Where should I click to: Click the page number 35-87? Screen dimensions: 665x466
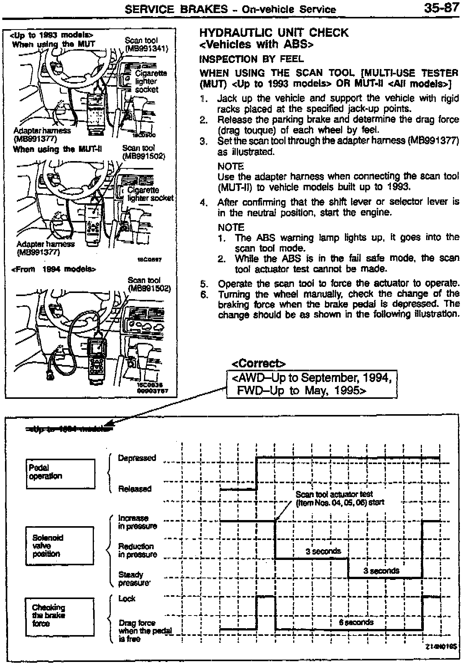[x=441, y=8]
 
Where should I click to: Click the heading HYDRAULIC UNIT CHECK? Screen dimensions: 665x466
[x=274, y=33]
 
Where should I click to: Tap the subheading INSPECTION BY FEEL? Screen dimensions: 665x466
[x=251, y=59]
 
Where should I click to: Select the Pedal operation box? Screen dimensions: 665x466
[x=61, y=474]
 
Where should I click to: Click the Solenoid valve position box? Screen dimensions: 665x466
[x=59, y=545]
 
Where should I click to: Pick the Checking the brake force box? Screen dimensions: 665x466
[x=59, y=616]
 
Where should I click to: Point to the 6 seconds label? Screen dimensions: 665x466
[x=356, y=622]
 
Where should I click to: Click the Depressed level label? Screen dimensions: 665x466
[x=137, y=458]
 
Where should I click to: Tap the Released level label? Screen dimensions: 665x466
[x=135, y=489]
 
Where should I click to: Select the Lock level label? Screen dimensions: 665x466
[x=127, y=599]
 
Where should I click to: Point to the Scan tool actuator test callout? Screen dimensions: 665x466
[x=340, y=498]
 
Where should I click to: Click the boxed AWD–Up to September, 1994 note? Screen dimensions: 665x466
[x=312, y=384]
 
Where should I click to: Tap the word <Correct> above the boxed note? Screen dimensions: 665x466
[x=259, y=363]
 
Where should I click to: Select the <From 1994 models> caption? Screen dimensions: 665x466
[x=54, y=269]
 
